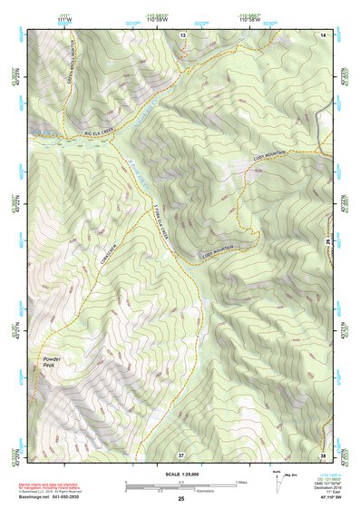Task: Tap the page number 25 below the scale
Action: [180, 500]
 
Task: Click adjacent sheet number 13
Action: [182, 34]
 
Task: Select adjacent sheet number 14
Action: [323, 34]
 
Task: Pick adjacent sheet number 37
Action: [182, 453]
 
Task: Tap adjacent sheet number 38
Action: [323, 453]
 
